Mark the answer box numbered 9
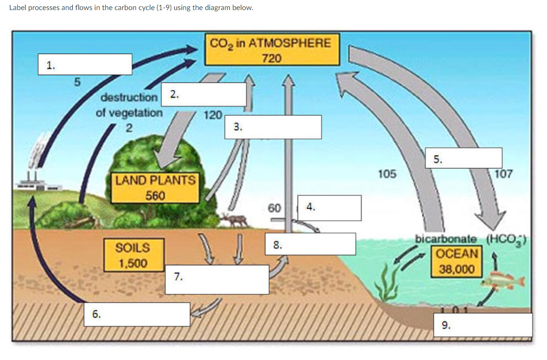tap(486, 325)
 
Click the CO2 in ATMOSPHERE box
tap(272, 49)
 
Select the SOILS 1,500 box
tap(133, 255)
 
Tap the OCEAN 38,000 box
tap(457, 261)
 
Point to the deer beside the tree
tap(234, 220)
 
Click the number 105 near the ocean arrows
tap(387, 174)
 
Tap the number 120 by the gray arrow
tap(213, 114)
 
